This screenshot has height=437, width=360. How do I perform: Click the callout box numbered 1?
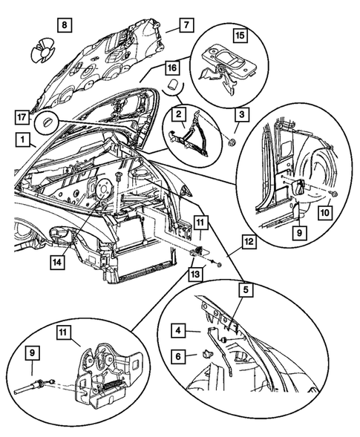pyautogui.click(x=25, y=139)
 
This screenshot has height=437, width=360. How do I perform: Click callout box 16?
pyautogui.click(x=170, y=68)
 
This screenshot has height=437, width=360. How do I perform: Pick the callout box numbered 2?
pyautogui.click(x=180, y=114)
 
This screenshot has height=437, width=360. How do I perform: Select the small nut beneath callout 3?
pyautogui.click(x=233, y=141)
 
